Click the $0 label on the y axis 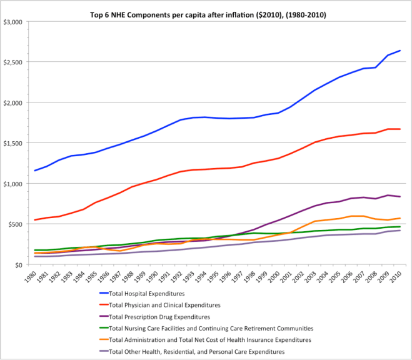[x=20, y=265]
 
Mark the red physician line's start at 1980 [x=35, y=220]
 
